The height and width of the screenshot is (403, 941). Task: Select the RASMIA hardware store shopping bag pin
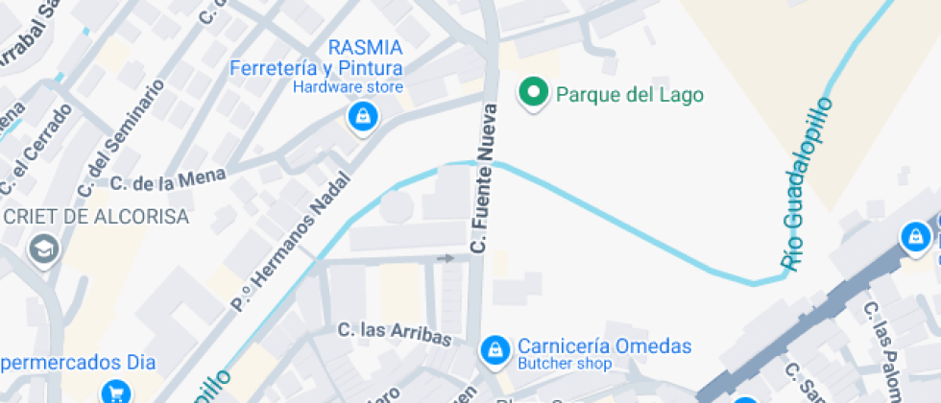[x=363, y=118]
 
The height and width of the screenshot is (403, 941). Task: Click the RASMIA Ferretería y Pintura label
[x=316, y=59]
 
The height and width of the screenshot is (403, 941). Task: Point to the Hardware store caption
[x=348, y=87]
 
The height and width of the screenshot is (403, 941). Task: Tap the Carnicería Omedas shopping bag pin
[x=494, y=349]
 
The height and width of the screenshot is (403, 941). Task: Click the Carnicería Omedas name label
[x=605, y=346]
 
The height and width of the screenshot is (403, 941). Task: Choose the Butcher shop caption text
[x=565, y=365]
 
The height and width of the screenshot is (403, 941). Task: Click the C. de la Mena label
[x=167, y=179]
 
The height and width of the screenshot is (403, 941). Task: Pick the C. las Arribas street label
[x=395, y=333]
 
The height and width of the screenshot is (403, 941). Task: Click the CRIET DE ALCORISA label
[x=96, y=217]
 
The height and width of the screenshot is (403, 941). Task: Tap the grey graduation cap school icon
[x=44, y=249]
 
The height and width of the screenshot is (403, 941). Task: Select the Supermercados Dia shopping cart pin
[x=116, y=391]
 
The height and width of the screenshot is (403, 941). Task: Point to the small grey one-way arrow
[x=445, y=257]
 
